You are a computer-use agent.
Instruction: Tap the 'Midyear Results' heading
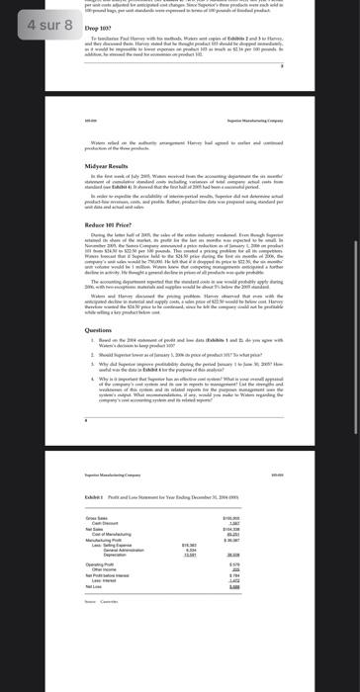110,166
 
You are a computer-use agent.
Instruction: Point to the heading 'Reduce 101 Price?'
114,224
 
